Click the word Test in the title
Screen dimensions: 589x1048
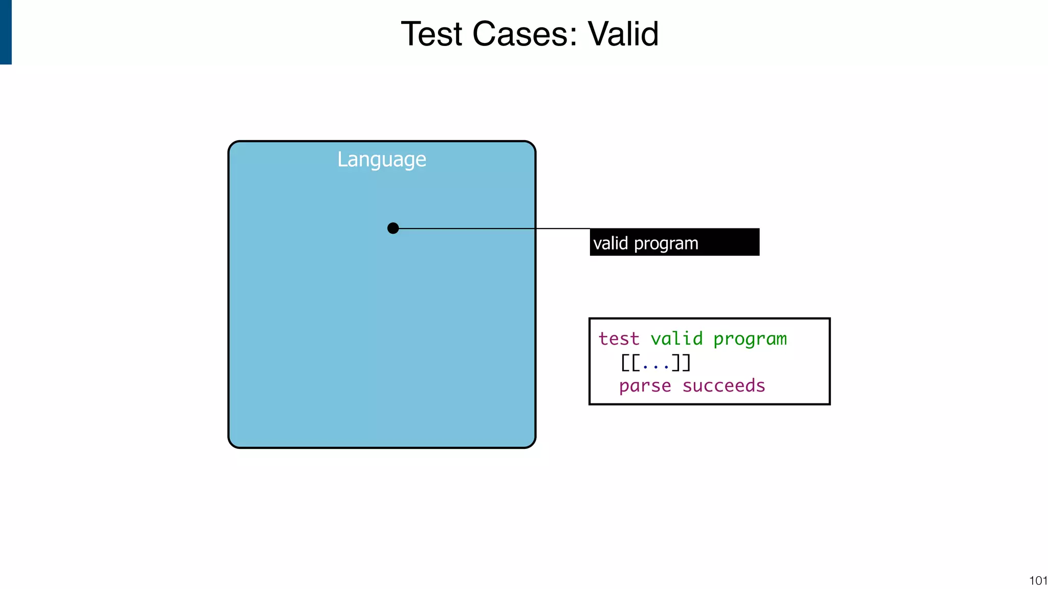pos(431,34)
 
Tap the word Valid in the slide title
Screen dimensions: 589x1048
pos(623,34)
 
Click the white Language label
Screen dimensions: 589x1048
pos(381,160)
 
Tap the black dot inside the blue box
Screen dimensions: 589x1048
pos(393,228)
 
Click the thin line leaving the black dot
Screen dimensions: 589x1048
pos(491,228)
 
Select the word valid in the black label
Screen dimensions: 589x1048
pos(610,243)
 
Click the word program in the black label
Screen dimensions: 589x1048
pos(666,244)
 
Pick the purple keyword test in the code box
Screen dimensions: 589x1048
pos(619,338)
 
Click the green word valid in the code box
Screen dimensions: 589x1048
pos(676,338)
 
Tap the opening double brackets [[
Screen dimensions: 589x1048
pos(630,363)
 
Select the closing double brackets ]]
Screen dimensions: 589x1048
pos(681,363)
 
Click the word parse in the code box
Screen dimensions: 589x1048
pos(645,386)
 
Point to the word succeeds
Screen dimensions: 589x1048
pos(724,386)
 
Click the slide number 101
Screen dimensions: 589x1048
pos(1038,580)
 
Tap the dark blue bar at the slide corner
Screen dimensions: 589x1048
pos(6,32)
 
